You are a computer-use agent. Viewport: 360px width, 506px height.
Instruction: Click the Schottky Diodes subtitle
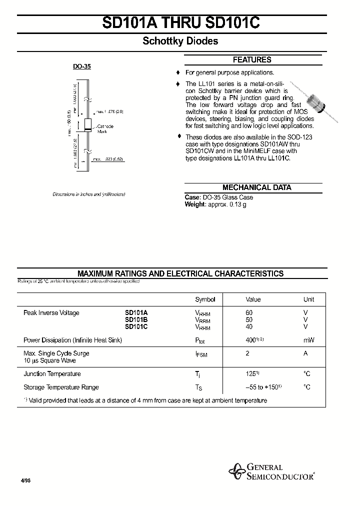coord(180,41)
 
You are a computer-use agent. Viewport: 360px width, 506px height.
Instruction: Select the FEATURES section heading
coord(252,60)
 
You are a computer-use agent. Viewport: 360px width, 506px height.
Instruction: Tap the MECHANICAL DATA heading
coord(256,187)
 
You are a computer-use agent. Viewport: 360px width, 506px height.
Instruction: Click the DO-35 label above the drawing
coord(82,66)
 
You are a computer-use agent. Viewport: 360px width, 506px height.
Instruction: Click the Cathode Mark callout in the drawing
coord(105,128)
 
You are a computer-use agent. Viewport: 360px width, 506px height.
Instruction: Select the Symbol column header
coord(205,299)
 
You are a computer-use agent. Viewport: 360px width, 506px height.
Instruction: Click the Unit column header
coord(308,299)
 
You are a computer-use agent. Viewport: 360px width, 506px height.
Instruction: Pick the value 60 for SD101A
coord(249,313)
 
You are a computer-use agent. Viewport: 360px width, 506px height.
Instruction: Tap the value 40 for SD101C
coord(249,326)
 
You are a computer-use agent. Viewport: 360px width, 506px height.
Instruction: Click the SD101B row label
coord(136,320)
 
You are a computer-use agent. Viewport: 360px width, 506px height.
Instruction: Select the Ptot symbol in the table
coord(200,340)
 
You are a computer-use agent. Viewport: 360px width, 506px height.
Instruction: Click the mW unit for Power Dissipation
coord(308,340)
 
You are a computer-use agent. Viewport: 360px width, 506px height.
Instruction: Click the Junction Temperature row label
coord(52,374)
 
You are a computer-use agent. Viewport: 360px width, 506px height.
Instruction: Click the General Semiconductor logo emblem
coord(235,471)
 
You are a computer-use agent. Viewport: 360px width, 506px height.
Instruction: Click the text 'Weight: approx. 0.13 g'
coord(215,204)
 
